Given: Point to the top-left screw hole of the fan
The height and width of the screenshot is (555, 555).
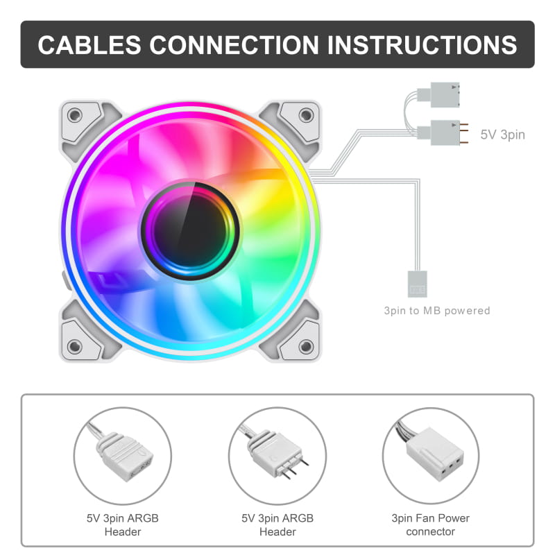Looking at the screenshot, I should pos(75,114).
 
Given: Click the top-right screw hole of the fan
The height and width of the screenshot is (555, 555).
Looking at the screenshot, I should pos(305,114).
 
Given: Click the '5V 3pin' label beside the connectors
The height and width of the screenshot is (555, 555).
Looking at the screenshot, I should pos(503,135).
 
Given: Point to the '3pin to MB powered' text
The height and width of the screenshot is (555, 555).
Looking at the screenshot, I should pos(437,311).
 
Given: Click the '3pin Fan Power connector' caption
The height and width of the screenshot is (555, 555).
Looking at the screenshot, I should pos(431,524).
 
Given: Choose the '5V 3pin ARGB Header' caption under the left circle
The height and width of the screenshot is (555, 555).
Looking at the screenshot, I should pos(122,524).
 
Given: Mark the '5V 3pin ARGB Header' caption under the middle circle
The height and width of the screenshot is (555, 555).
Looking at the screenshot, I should pos(277,524).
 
